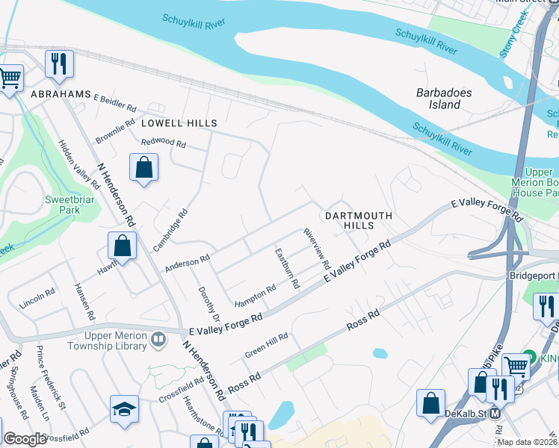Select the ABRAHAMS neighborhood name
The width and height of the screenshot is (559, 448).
[x=61, y=95]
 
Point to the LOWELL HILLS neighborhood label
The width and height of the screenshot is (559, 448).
[x=179, y=123]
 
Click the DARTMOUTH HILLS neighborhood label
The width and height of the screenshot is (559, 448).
[x=358, y=220]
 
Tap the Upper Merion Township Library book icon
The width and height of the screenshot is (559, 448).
[x=158, y=341]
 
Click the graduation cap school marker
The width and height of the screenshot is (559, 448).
[x=124, y=409]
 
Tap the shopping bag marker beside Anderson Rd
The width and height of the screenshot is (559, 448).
[x=123, y=246]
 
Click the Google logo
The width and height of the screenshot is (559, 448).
[x=25, y=440]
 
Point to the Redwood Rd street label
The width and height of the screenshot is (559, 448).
[x=164, y=142]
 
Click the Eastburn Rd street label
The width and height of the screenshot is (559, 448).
[x=287, y=269]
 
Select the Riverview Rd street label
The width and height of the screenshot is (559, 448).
[x=317, y=249]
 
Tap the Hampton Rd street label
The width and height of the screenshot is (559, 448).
[x=256, y=297]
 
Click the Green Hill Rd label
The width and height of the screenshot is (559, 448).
[x=267, y=345]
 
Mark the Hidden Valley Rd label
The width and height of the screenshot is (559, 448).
[x=79, y=163]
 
